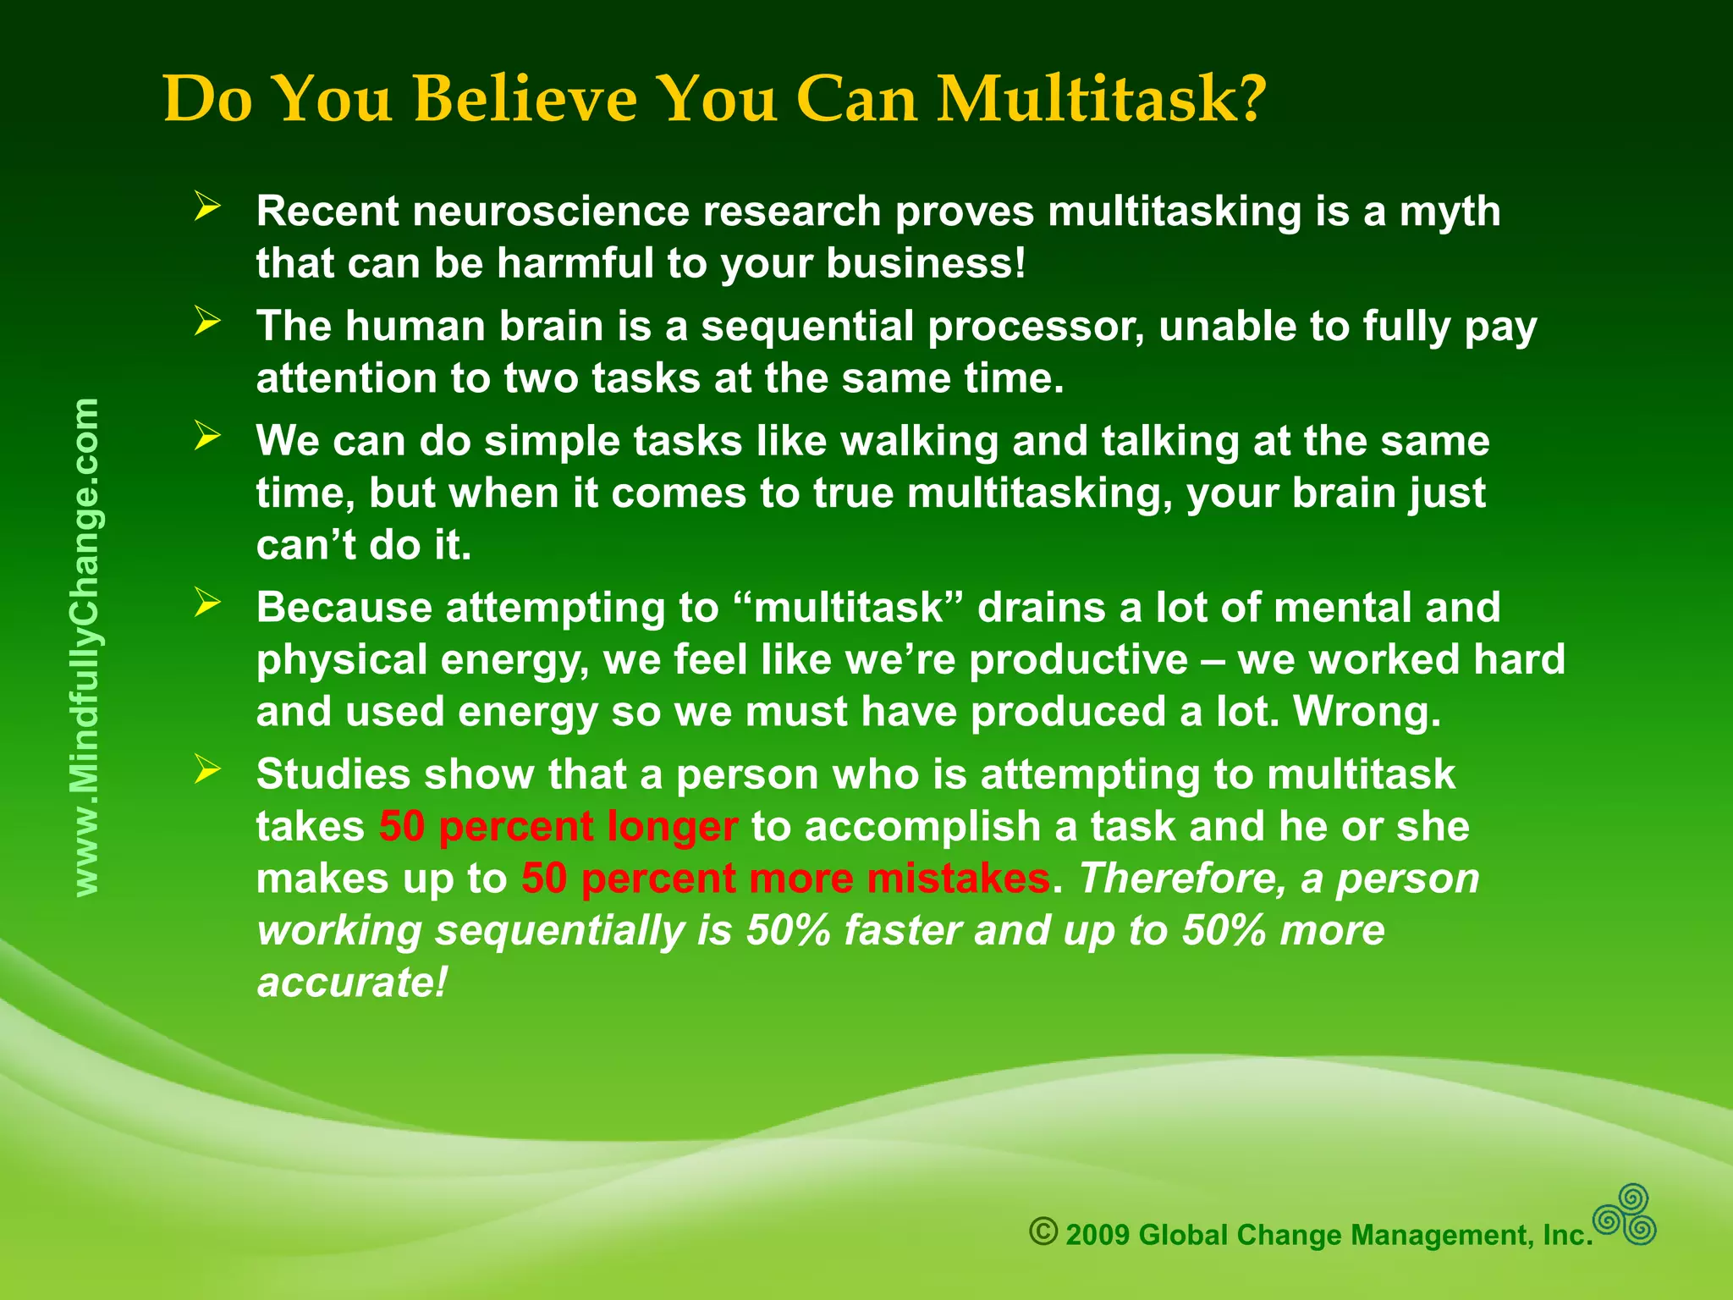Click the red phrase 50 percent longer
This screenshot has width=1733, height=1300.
558,826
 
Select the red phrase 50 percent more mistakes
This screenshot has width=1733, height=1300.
785,879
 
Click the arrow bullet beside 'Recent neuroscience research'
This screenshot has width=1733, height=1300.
207,206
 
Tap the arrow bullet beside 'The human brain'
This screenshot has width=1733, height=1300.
207,321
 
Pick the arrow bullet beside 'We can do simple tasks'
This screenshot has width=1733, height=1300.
207,436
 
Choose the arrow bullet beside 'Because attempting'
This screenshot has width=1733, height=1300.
207,603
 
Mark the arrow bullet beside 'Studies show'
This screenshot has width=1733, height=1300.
207,769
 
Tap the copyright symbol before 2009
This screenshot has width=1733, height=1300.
1043,1231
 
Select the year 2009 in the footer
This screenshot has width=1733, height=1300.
1098,1236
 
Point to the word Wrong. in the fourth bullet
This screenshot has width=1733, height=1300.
1367,712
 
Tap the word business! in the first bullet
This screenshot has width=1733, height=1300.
926,263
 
